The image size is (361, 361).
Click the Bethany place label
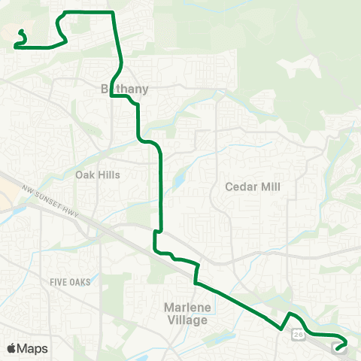pyautogui.click(x=125, y=89)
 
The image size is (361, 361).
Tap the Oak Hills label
pyautogui.click(x=98, y=174)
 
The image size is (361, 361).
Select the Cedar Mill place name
pyautogui.click(x=253, y=186)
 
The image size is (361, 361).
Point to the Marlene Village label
pyautogui.click(x=185, y=314)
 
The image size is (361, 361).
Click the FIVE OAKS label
pyautogui.click(x=70, y=282)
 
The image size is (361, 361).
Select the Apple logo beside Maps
pyautogui.click(x=11, y=348)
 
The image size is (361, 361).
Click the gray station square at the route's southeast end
pyautogui.click(x=340, y=345)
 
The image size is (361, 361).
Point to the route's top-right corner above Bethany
pyautogui.click(x=113, y=13)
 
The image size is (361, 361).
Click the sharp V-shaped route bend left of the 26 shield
pyautogui.click(x=281, y=329)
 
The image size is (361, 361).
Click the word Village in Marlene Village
pyautogui.click(x=185, y=320)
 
